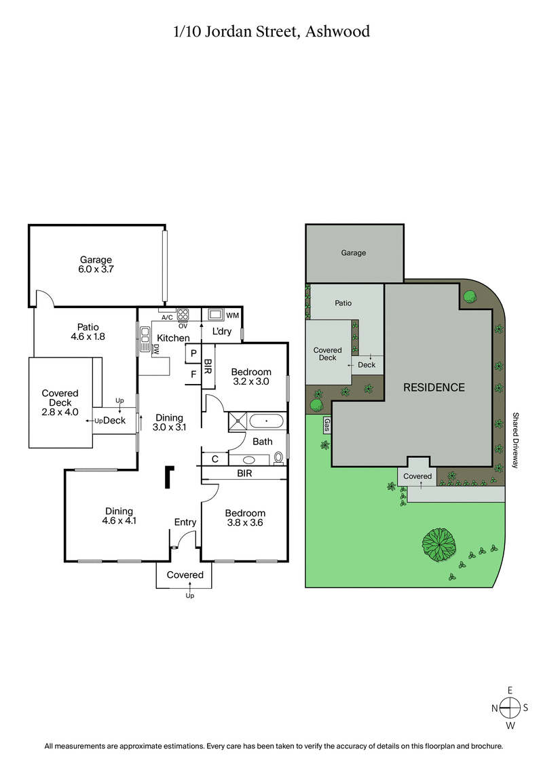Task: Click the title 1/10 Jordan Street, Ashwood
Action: pos(271,31)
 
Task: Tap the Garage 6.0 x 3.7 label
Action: pos(96,265)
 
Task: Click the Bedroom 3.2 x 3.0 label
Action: pos(251,377)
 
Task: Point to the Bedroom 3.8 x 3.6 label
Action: pos(245,518)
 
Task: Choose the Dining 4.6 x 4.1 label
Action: pos(119,516)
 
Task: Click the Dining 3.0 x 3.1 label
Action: pos(168,423)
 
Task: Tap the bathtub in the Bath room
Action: pos(267,421)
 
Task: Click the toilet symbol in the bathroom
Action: pos(279,458)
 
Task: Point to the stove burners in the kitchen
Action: pos(183,314)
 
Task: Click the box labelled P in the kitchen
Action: pos(193,353)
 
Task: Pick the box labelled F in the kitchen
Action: pos(193,373)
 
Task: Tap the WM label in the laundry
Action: pos(232,315)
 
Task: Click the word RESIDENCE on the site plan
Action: pos(434,387)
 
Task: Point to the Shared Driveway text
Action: pos(515,441)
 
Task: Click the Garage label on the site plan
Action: pos(354,252)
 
